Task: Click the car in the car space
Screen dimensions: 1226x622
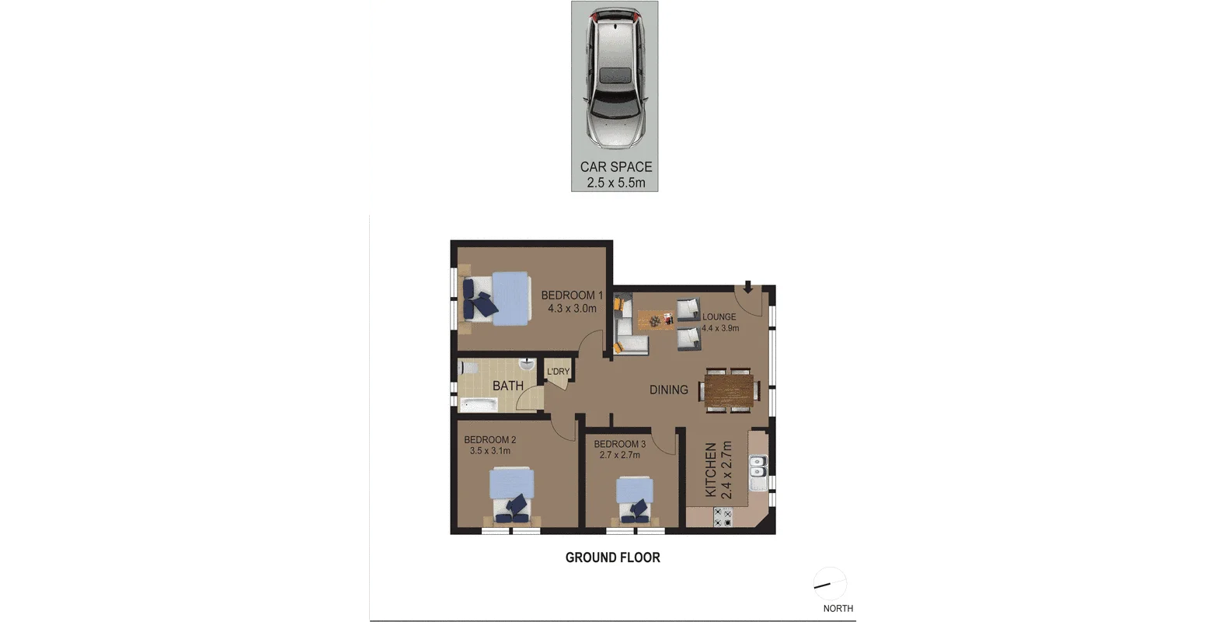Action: point(615,79)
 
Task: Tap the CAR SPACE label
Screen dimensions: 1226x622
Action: point(616,167)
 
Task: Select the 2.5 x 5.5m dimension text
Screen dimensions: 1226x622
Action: point(616,183)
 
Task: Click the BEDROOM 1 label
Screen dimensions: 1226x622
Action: point(572,295)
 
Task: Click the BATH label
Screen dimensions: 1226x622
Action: point(508,386)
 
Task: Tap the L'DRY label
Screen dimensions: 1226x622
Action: point(559,372)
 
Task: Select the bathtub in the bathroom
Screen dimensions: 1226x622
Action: point(479,405)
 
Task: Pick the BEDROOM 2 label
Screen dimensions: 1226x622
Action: point(489,439)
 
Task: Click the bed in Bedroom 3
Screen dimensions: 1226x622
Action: point(634,499)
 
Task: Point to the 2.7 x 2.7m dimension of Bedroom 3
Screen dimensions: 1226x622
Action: point(619,455)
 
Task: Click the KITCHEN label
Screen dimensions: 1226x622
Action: point(710,470)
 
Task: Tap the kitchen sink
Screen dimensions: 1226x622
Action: point(758,473)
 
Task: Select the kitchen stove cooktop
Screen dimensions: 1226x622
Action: point(723,517)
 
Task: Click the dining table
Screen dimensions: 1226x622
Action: point(729,390)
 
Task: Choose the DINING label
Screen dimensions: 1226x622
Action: point(669,390)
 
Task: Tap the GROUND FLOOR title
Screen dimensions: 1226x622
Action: point(612,557)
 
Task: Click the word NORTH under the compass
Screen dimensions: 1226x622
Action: point(838,608)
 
